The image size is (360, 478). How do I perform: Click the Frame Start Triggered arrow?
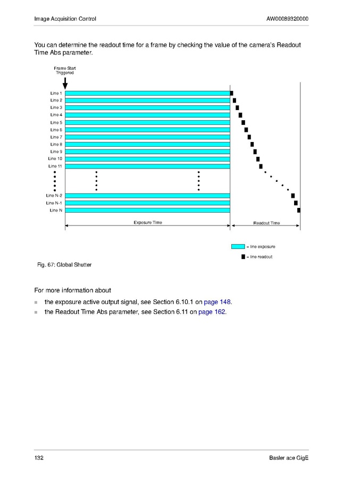(65, 83)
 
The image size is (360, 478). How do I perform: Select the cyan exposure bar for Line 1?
(147, 93)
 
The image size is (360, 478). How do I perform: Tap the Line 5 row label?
(56, 122)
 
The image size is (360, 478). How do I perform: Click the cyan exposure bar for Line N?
(147, 210)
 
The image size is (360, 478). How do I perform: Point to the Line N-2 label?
(54, 196)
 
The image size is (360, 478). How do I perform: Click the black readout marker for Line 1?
(231, 93)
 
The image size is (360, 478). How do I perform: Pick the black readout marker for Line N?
(299, 210)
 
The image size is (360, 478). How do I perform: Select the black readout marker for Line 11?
(261, 166)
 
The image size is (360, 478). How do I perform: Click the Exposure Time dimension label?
(148, 222)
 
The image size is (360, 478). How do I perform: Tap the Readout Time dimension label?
(266, 223)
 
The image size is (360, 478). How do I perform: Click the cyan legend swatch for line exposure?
(238, 246)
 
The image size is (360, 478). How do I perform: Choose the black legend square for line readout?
(243, 257)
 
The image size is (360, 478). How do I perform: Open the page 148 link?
(217, 302)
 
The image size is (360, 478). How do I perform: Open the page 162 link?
(212, 312)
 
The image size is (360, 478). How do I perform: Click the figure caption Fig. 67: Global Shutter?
(63, 265)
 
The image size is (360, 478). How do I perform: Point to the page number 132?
(39, 458)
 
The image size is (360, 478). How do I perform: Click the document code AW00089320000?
(287, 19)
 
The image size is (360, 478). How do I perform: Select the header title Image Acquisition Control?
(65, 19)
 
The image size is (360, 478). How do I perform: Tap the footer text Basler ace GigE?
(289, 458)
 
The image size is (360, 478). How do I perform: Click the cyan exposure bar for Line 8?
(147, 144)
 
